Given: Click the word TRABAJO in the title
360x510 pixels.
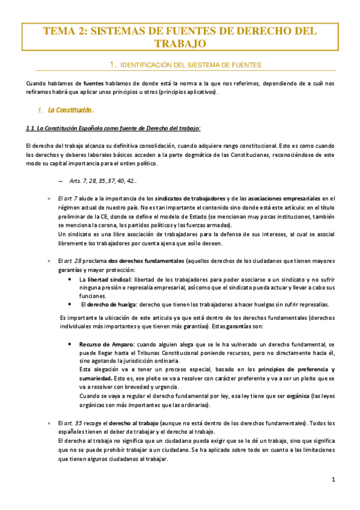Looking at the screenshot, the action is [180, 44].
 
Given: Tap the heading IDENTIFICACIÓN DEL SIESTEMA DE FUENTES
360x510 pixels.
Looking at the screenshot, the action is [191, 64].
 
